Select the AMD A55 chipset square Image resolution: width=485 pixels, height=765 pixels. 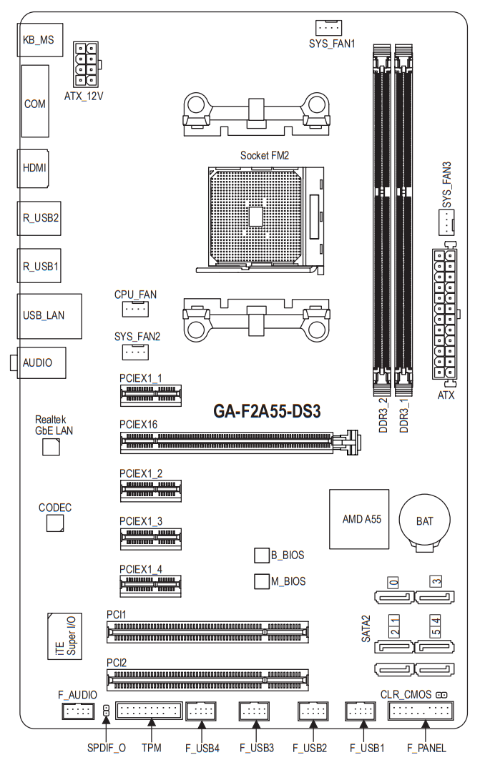[x=359, y=519]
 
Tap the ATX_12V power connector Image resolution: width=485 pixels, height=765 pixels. [x=87, y=64]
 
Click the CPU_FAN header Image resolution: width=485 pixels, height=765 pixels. [x=135, y=309]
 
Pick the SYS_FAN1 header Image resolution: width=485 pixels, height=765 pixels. [x=328, y=28]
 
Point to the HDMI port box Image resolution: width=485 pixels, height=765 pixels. [x=33, y=168]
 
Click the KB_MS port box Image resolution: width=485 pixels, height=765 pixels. [x=40, y=39]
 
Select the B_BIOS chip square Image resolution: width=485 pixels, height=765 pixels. [x=262, y=556]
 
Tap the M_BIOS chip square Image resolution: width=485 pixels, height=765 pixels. [x=262, y=581]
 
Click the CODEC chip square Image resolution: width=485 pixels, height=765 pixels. [x=55, y=523]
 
